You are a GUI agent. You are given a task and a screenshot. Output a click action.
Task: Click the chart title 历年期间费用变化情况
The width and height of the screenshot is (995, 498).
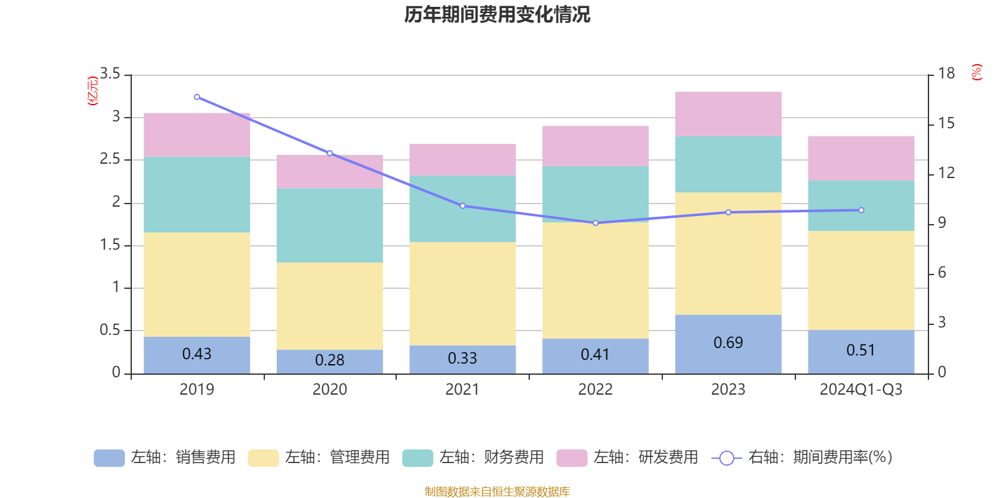point(497,14)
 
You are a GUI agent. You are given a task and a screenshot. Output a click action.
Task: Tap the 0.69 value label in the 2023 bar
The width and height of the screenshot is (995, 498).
point(728,343)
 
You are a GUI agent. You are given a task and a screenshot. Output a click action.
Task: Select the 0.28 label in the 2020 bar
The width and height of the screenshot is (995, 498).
point(329,360)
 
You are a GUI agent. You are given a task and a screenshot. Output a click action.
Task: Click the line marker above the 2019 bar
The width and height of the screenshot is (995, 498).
point(197,97)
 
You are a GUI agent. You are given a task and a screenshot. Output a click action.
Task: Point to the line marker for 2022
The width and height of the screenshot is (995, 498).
point(595,223)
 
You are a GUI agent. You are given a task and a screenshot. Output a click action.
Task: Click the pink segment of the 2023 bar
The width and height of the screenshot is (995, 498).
point(728,114)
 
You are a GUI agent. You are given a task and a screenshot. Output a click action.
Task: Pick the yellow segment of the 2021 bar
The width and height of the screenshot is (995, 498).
point(462,293)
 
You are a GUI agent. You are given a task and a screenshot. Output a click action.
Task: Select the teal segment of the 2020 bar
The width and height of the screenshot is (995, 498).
point(329,225)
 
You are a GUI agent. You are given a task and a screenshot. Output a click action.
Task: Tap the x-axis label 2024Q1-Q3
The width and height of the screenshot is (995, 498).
point(861,390)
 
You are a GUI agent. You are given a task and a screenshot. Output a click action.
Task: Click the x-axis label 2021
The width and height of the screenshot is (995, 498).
point(462,390)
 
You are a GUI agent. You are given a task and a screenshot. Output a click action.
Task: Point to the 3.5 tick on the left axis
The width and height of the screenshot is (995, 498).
point(110,74)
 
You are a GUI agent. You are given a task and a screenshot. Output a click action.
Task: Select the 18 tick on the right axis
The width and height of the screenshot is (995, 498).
point(946,73)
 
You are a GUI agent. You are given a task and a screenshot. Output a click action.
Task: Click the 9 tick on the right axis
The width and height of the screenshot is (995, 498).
point(942,223)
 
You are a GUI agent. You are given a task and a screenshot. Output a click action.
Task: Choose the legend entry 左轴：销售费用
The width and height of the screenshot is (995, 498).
point(165,458)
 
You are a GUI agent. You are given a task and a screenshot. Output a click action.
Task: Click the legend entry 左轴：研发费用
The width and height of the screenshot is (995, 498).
point(627,458)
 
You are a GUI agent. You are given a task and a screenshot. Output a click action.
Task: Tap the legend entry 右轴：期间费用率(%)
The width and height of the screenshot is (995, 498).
point(802,458)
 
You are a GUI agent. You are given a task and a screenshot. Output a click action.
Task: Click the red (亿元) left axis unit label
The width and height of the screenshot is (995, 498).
point(93,91)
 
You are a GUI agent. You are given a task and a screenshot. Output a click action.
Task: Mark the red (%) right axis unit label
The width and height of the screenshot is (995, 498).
point(976,72)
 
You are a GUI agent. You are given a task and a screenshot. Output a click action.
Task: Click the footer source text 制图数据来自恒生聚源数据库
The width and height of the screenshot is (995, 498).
point(497,492)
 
